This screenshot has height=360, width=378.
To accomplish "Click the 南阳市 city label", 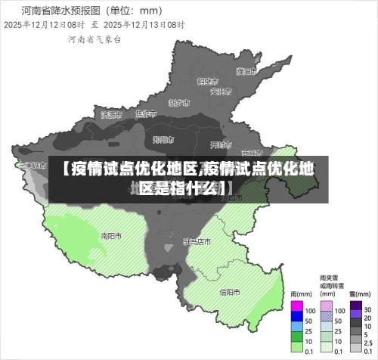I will tap(111, 236).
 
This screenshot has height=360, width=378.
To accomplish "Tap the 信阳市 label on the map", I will tap(230, 291).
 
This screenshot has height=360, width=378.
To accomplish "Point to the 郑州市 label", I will tap(163, 139).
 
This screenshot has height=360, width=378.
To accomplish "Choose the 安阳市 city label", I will tap(219, 92).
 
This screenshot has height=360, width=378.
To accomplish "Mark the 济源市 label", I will tap(111, 115).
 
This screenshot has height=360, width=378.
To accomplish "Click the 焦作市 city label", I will tap(145, 114).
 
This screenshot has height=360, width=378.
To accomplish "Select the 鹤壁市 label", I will tap(207, 80).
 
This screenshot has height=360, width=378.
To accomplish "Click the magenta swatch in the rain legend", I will tap(297, 308).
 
